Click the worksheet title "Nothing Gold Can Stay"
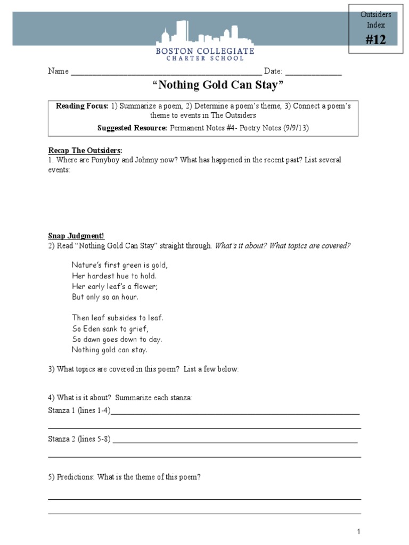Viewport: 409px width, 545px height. (204, 86)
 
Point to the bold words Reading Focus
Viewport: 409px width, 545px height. (82, 106)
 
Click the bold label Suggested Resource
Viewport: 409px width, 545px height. (133, 128)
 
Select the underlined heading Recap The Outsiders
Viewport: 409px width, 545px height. (85, 151)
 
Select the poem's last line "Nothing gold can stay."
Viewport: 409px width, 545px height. (109, 350)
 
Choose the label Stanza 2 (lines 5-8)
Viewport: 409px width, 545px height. (79, 440)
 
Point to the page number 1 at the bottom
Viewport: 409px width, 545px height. (359, 532)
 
